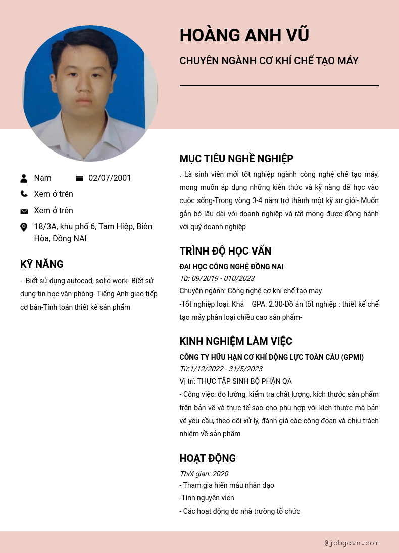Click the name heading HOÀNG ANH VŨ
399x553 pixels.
[244, 36]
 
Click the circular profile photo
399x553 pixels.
[90, 94]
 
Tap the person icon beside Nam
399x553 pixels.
[24, 178]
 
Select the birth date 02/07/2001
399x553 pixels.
[110, 178]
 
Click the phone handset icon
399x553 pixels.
[24, 194]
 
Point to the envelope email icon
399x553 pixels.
[24, 211]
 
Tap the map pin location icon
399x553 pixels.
[24, 227]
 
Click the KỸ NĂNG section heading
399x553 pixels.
[42, 264]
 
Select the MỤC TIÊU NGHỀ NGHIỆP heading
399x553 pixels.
[236, 159]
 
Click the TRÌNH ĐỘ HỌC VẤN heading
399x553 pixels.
[225, 251]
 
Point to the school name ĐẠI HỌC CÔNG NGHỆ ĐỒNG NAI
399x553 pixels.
[231, 267]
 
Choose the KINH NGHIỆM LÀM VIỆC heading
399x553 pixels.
[236, 341]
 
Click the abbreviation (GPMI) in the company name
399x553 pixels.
[352, 357]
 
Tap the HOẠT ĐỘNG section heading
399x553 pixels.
[208, 458]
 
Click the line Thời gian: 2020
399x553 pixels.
[204, 474]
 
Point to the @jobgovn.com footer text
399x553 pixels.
[352, 543]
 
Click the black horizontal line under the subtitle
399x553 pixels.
[279, 86]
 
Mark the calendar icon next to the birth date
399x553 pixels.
[79, 178]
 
